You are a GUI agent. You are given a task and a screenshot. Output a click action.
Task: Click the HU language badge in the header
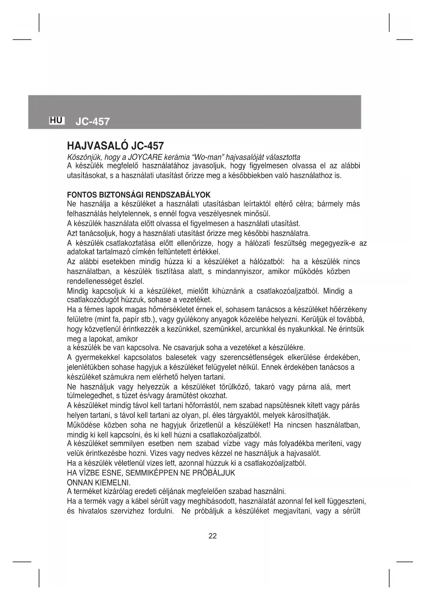(x=57, y=120)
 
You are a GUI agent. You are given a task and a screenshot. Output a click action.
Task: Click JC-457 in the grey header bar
(x=92, y=121)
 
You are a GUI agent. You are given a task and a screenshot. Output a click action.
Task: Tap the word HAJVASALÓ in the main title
(x=97, y=146)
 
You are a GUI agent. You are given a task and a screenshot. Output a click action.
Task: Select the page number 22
(x=212, y=536)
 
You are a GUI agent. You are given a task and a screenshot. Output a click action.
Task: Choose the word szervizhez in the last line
(x=127, y=512)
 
